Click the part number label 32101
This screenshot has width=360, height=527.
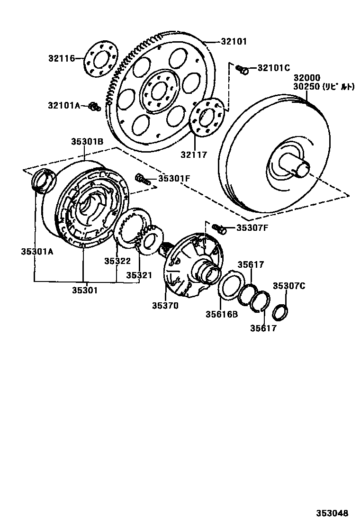pos(234,41)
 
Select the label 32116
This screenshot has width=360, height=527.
pos(61,58)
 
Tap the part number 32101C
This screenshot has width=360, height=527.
pos(273,68)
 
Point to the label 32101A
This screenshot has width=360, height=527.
pos(63,105)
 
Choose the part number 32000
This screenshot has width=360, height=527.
pos(306,78)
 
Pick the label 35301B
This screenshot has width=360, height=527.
pos(87,141)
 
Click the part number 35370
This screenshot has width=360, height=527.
pos(165,306)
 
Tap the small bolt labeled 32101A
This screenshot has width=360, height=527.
pos(95,107)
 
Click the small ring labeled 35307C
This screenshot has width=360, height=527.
pos(280,311)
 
